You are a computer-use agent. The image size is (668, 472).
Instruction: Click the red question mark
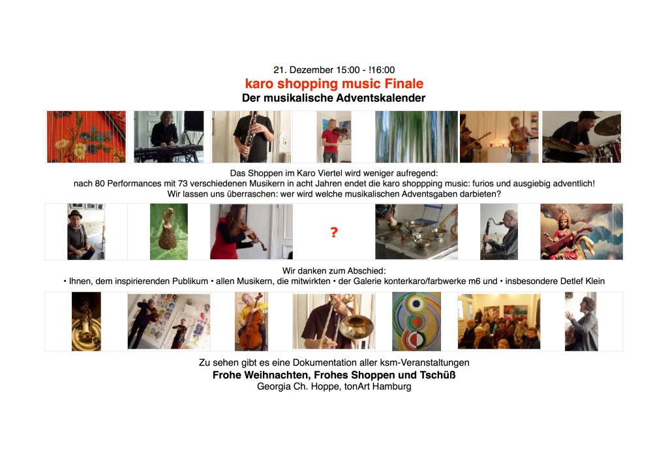pos(334,232)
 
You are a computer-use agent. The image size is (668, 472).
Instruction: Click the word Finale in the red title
pos(404,84)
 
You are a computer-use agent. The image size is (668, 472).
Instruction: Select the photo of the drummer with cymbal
pos(581,137)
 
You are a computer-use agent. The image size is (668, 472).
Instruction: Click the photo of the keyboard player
pos(169,137)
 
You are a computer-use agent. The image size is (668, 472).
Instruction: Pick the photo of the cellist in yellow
pos(251,321)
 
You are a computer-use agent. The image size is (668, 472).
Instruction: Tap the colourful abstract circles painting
pos(416,321)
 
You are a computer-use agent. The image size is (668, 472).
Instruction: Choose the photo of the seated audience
pos(499,321)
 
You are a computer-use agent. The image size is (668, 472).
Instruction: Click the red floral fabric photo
pos(87,137)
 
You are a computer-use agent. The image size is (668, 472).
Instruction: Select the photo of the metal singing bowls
pos(416,232)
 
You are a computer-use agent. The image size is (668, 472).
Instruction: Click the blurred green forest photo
pos(416,137)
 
